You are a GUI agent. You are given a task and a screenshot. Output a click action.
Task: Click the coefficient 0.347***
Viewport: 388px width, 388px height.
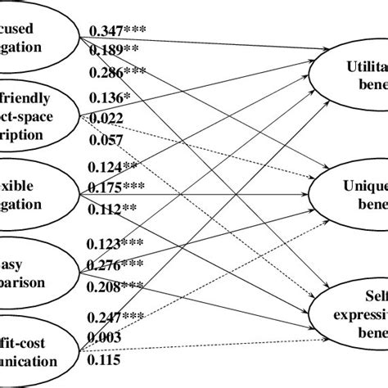(x=116, y=31)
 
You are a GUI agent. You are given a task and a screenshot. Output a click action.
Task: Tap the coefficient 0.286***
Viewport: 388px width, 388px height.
(x=116, y=74)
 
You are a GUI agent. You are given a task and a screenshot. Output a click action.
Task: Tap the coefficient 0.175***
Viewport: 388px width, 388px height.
(x=116, y=187)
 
